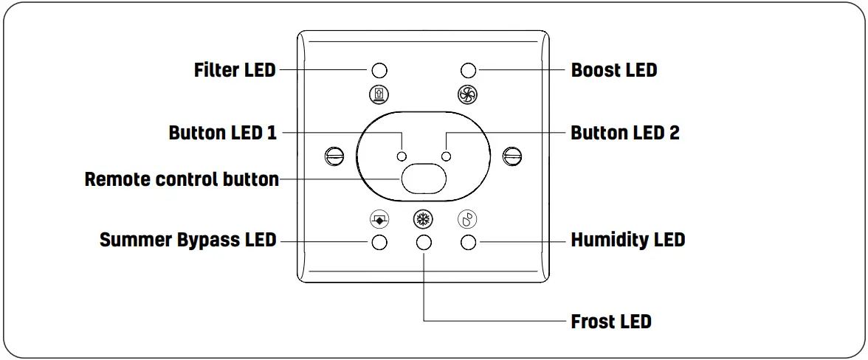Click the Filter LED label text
(x=235, y=70)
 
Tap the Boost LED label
(x=614, y=70)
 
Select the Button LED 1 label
(x=223, y=133)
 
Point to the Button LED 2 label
(x=625, y=133)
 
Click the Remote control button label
(x=182, y=179)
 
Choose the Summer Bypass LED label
(x=188, y=240)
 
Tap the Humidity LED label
(x=628, y=240)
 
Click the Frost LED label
(x=611, y=322)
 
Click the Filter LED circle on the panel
(x=379, y=71)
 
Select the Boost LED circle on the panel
(x=467, y=71)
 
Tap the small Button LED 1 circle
(x=402, y=156)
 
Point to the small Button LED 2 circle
(x=445, y=156)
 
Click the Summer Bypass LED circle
(x=379, y=243)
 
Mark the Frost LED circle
(x=424, y=243)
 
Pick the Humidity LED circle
(x=467, y=243)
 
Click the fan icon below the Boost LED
(x=467, y=94)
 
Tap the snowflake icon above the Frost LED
(x=423, y=219)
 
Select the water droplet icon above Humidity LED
(x=467, y=219)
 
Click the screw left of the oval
(x=334, y=156)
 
